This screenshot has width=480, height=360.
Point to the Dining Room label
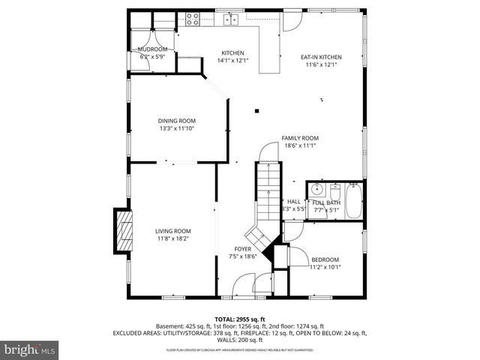click(x=177, y=121)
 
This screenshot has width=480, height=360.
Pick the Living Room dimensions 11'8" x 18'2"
click(x=173, y=238)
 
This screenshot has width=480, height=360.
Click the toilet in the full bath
click(x=335, y=191)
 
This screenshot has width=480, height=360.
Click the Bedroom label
click(x=325, y=259)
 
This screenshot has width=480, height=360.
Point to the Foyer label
click(x=243, y=249)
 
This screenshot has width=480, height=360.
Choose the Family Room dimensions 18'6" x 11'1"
click(x=300, y=145)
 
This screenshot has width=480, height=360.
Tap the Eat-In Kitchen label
click(x=321, y=57)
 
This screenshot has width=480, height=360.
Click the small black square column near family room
click(x=256, y=111)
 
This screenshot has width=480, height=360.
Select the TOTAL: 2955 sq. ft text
click(x=239, y=319)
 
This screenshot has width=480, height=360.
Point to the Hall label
click(x=294, y=202)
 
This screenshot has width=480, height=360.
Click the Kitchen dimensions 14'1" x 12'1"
click(x=232, y=60)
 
